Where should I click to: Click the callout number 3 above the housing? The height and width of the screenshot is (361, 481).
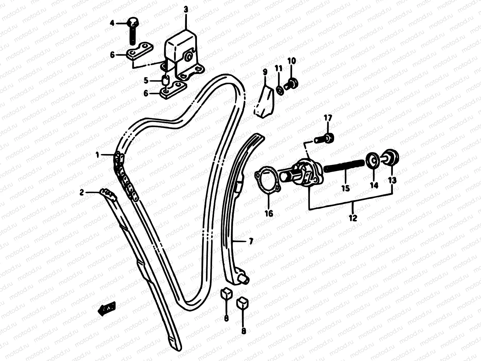(x=186, y=10)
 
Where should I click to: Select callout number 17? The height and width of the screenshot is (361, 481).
(x=328, y=118)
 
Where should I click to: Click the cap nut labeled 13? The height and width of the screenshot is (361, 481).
(x=391, y=157)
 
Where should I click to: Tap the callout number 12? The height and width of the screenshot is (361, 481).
(x=353, y=218)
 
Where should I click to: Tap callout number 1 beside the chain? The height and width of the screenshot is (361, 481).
(x=97, y=155)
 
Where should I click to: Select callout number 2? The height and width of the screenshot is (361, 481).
(x=82, y=192)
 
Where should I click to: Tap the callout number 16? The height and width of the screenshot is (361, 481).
(x=269, y=213)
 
